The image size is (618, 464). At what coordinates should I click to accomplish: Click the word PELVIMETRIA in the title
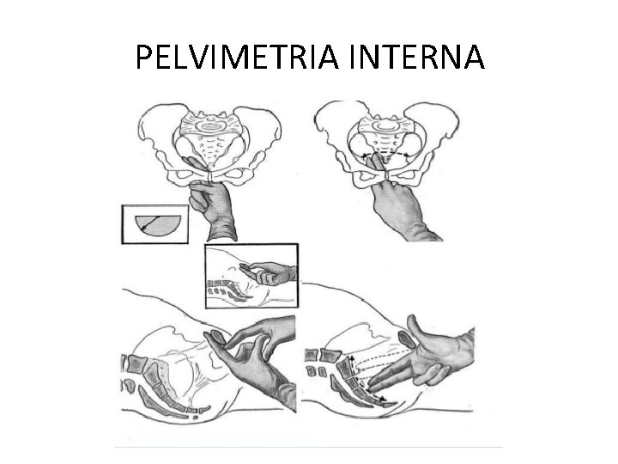click(x=237, y=57)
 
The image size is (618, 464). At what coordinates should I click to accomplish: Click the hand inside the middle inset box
click(x=270, y=272)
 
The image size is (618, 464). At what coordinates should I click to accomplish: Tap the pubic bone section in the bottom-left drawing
click(x=217, y=339)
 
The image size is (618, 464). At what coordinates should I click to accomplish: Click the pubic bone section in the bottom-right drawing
click(x=406, y=339)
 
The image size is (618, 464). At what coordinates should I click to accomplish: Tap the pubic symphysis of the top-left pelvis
click(x=210, y=176)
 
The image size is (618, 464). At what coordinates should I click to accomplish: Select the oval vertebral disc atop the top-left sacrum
click(x=212, y=127)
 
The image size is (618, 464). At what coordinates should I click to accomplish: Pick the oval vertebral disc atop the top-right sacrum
click(x=386, y=125)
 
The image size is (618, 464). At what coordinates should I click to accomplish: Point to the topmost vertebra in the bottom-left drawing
click(x=136, y=363)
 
